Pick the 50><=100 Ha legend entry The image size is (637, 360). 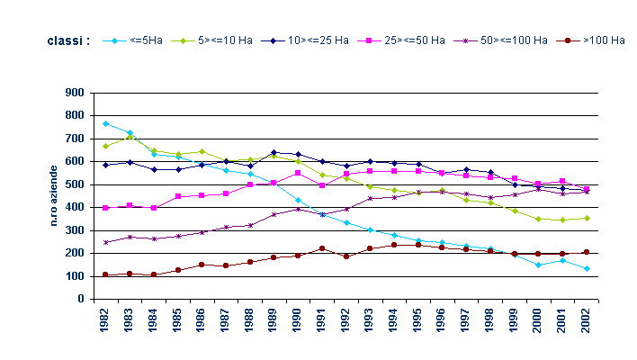504,40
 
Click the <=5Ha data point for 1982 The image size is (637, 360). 106,123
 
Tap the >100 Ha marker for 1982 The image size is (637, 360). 106,274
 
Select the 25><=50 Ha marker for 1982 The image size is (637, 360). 106,208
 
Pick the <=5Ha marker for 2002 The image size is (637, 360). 587,268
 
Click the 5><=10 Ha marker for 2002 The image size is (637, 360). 587,218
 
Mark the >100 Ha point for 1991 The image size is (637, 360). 322,248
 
